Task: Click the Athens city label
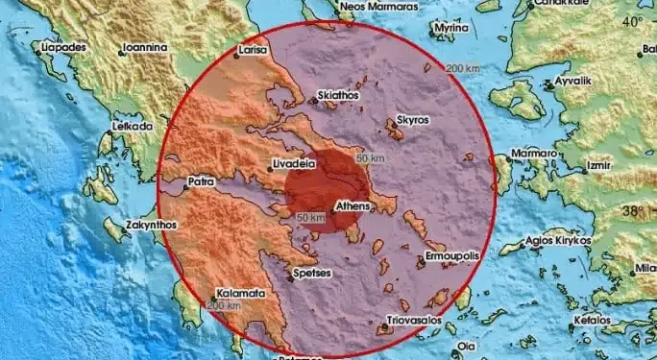pyautogui.click(x=353, y=205)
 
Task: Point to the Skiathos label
pyautogui.click(x=337, y=96)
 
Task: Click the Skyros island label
pyautogui.click(x=413, y=122)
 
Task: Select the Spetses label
pyautogui.click(x=312, y=274)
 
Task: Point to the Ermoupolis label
pyautogui.click(x=449, y=256)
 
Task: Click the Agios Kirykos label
pyautogui.click(x=557, y=244)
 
